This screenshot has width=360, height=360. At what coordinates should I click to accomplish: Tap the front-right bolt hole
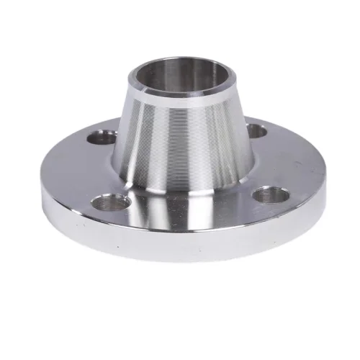[269, 194]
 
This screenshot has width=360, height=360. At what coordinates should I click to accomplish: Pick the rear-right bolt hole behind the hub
[256, 130]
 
